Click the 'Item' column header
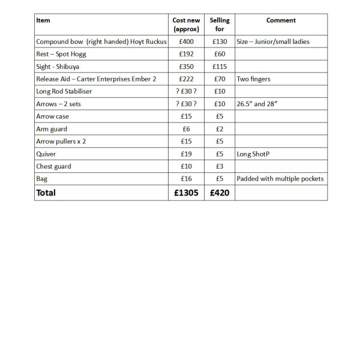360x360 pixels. [43, 20]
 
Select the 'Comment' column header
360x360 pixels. [281, 20]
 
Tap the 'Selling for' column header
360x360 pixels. [220, 25]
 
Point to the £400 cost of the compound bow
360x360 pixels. [186, 42]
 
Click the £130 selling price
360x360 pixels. [220, 42]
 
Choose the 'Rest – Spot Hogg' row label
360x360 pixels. [61, 54]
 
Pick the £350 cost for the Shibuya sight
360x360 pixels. [186, 67]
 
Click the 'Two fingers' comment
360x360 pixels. [254, 79]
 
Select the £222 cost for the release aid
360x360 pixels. [186, 79]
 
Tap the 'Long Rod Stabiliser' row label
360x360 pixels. [65, 91]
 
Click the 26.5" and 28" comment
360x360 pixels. [260, 104]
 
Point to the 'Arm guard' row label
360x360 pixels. [52, 129]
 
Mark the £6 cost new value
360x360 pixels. [186, 129]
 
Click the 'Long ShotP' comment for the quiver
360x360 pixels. [254, 154]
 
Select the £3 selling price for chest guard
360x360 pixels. [220, 166]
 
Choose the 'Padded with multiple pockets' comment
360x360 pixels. [280, 179]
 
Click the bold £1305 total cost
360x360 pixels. [186, 193]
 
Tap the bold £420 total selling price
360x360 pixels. [220, 193]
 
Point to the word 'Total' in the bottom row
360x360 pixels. [46, 193]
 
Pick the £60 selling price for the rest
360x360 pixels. [220, 54]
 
